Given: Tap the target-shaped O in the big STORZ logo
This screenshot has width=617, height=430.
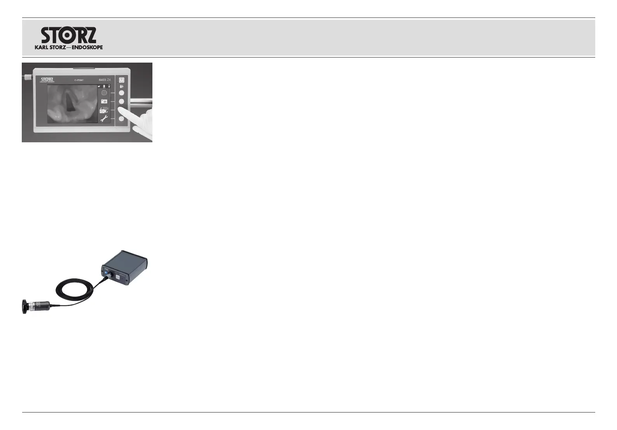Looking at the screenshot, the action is pyautogui.click(x=67, y=35).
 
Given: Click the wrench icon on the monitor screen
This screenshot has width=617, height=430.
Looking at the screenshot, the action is pyautogui.click(x=104, y=119).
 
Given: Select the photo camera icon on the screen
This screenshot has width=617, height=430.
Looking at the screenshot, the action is pyautogui.click(x=104, y=101).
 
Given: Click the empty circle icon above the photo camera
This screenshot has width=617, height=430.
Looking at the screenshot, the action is pyautogui.click(x=104, y=93).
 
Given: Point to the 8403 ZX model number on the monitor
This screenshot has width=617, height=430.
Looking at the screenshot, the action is pyautogui.click(x=105, y=80).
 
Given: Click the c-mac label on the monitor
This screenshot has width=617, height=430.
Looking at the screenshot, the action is pyautogui.click(x=79, y=80).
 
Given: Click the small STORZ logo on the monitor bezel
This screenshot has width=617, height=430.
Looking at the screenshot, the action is pyautogui.click(x=47, y=80).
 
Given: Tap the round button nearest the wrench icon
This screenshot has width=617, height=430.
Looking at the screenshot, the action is pyautogui.click(x=121, y=119).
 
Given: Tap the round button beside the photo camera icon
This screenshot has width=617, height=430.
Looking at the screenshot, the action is pyautogui.click(x=121, y=101).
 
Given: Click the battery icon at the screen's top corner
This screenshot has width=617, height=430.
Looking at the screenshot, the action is pyautogui.click(x=110, y=86).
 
